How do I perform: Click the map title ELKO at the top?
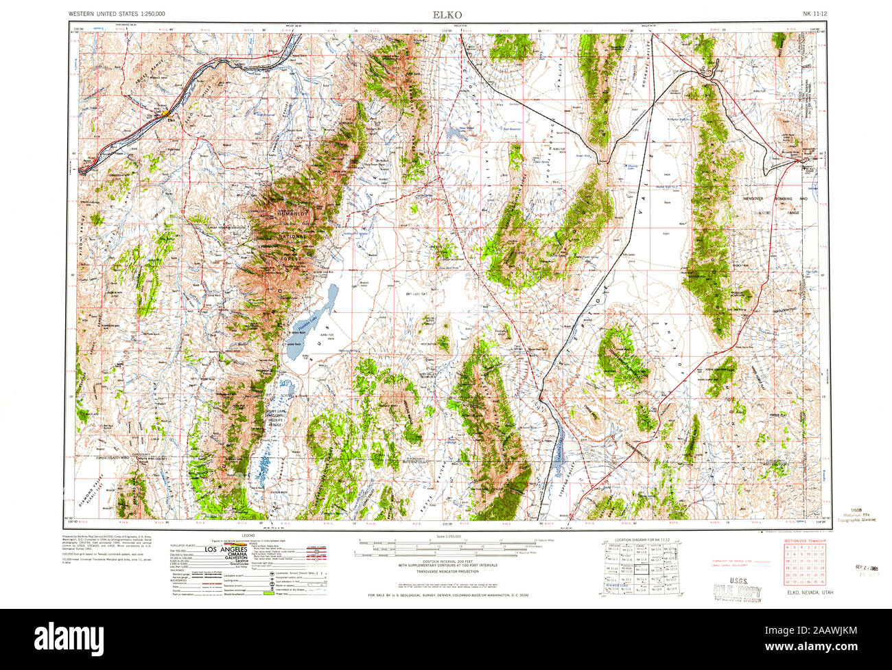[447, 14]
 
